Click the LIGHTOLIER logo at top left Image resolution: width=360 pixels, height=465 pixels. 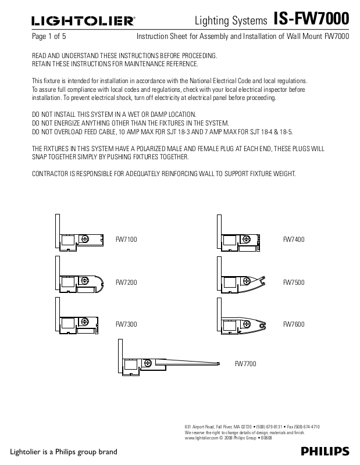pyautogui.click(x=83, y=22)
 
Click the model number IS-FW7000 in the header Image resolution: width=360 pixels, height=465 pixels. pyautogui.click(x=311, y=20)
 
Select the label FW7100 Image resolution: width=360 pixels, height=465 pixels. pyautogui.click(x=126, y=239)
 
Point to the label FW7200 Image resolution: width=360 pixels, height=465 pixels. pyautogui.click(x=126, y=282)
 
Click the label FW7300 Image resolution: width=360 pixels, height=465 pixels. pyautogui.click(x=126, y=324)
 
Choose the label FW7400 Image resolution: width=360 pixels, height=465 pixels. pyautogui.click(x=294, y=239)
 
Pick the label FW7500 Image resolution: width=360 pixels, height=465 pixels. pyautogui.click(x=294, y=282)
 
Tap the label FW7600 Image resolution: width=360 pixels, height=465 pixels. pyautogui.click(x=294, y=324)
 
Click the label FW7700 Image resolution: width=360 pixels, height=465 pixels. pyautogui.click(x=245, y=364)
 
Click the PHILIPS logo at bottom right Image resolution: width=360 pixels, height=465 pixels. pyautogui.click(x=325, y=452)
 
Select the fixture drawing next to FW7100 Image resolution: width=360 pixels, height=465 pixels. pyautogui.click(x=81, y=239)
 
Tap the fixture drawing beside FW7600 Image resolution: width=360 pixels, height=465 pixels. pyautogui.click(x=244, y=324)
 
